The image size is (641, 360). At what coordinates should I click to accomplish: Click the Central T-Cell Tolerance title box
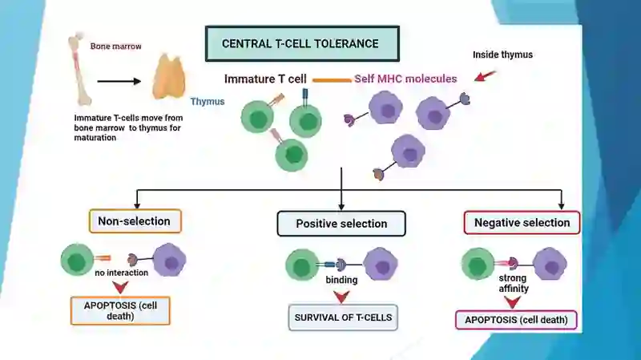[x=302, y=44]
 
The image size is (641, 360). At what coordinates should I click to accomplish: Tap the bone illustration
[x=79, y=70]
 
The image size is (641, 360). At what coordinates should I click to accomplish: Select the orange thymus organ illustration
[x=169, y=76]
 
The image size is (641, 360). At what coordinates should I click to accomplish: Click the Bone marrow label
[x=115, y=47]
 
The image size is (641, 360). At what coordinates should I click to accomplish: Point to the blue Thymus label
[x=208, y=102]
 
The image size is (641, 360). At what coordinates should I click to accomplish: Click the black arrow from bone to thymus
[x=119, y=82]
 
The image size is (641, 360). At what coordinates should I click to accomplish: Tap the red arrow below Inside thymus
[x=486, y=75]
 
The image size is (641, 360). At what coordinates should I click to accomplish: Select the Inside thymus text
[x=502, y=55]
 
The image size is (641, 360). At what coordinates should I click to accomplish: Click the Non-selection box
[x=135, y=221]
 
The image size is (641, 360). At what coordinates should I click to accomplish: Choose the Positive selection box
[x=341, y=224]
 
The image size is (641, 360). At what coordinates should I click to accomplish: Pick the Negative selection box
[x=522, y=223]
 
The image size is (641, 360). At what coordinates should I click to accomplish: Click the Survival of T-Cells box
[x=343, y=318]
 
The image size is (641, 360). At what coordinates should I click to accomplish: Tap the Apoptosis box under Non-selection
[x=120, y=311]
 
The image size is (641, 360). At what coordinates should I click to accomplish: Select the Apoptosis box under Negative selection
[x=516, y=320]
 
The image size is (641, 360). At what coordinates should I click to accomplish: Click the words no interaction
[x=122, y=273]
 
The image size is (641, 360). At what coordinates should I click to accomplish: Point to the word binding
[x=341, y=280]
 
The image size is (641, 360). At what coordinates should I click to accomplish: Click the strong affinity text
[x=513, y=283]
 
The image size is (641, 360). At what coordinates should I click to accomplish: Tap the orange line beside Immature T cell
[x=332, y=80]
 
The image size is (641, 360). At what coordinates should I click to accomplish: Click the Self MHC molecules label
[x=405, y=79]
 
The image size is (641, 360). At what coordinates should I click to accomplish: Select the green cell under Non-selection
[x=77, y=259]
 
